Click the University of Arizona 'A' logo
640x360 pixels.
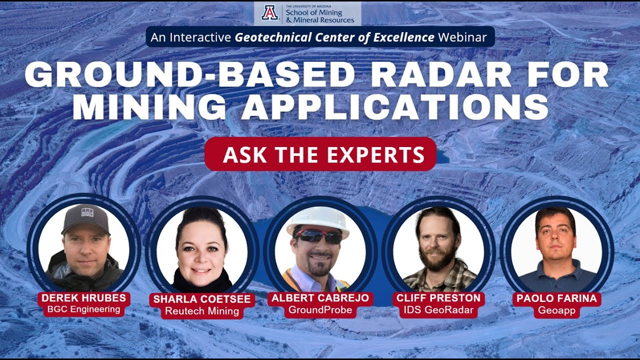(269, 13)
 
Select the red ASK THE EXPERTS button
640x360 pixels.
(320, 154)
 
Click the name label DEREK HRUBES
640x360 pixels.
(84, 298)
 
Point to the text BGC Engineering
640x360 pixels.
(84, 309)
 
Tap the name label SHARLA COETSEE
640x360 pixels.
(202, 299)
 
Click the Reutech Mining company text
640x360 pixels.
(202, 311)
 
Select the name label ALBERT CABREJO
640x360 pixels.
(320, 298)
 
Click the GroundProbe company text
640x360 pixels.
(320, 310)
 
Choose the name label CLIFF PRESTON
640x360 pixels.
(438, 298)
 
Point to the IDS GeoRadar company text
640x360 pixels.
(438, 310)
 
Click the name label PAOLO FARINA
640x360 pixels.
(556, 299)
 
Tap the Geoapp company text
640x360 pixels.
(556, 310)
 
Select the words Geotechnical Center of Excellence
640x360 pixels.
(335, 37)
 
